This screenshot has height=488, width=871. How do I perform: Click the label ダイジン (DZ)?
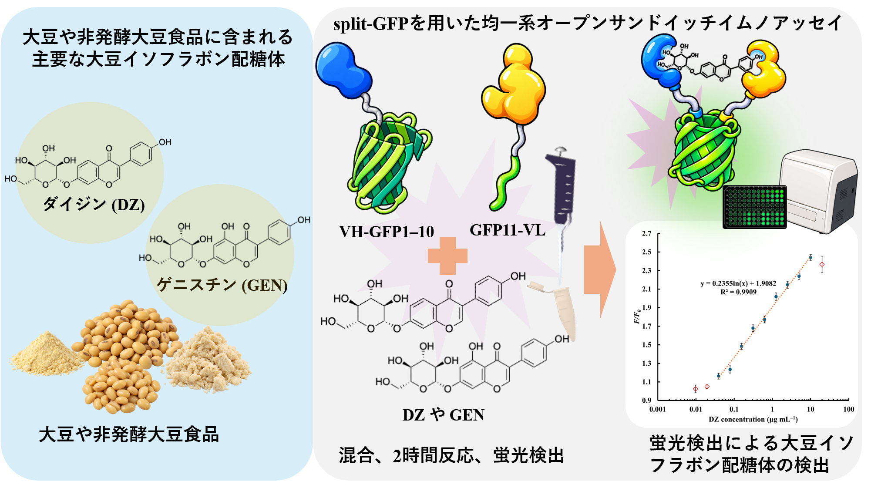pos(94,204)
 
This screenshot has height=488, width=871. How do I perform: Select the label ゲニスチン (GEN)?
pos(222,285)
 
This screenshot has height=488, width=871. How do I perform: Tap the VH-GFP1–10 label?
pos(387,232)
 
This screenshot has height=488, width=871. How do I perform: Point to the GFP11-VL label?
pos(508,230)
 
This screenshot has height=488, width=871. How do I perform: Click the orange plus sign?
pos(447,256)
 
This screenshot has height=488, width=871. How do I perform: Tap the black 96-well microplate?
pos(755,207)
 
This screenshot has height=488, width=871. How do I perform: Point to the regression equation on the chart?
pos(738,283)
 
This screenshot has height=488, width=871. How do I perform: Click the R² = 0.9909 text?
pos(738,292)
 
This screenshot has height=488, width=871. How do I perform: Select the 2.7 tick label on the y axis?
pos(646,233)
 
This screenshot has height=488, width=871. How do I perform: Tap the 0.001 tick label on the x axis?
pos(657,409)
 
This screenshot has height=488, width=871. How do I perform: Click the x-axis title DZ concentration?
pos(753,419)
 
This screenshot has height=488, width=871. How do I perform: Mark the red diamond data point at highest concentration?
pos(822,264)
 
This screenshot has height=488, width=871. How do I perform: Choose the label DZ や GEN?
pos(443,415)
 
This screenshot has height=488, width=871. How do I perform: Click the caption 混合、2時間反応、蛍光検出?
pos(451,456)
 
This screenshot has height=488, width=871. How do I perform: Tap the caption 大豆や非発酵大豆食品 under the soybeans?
pos(129,434)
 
